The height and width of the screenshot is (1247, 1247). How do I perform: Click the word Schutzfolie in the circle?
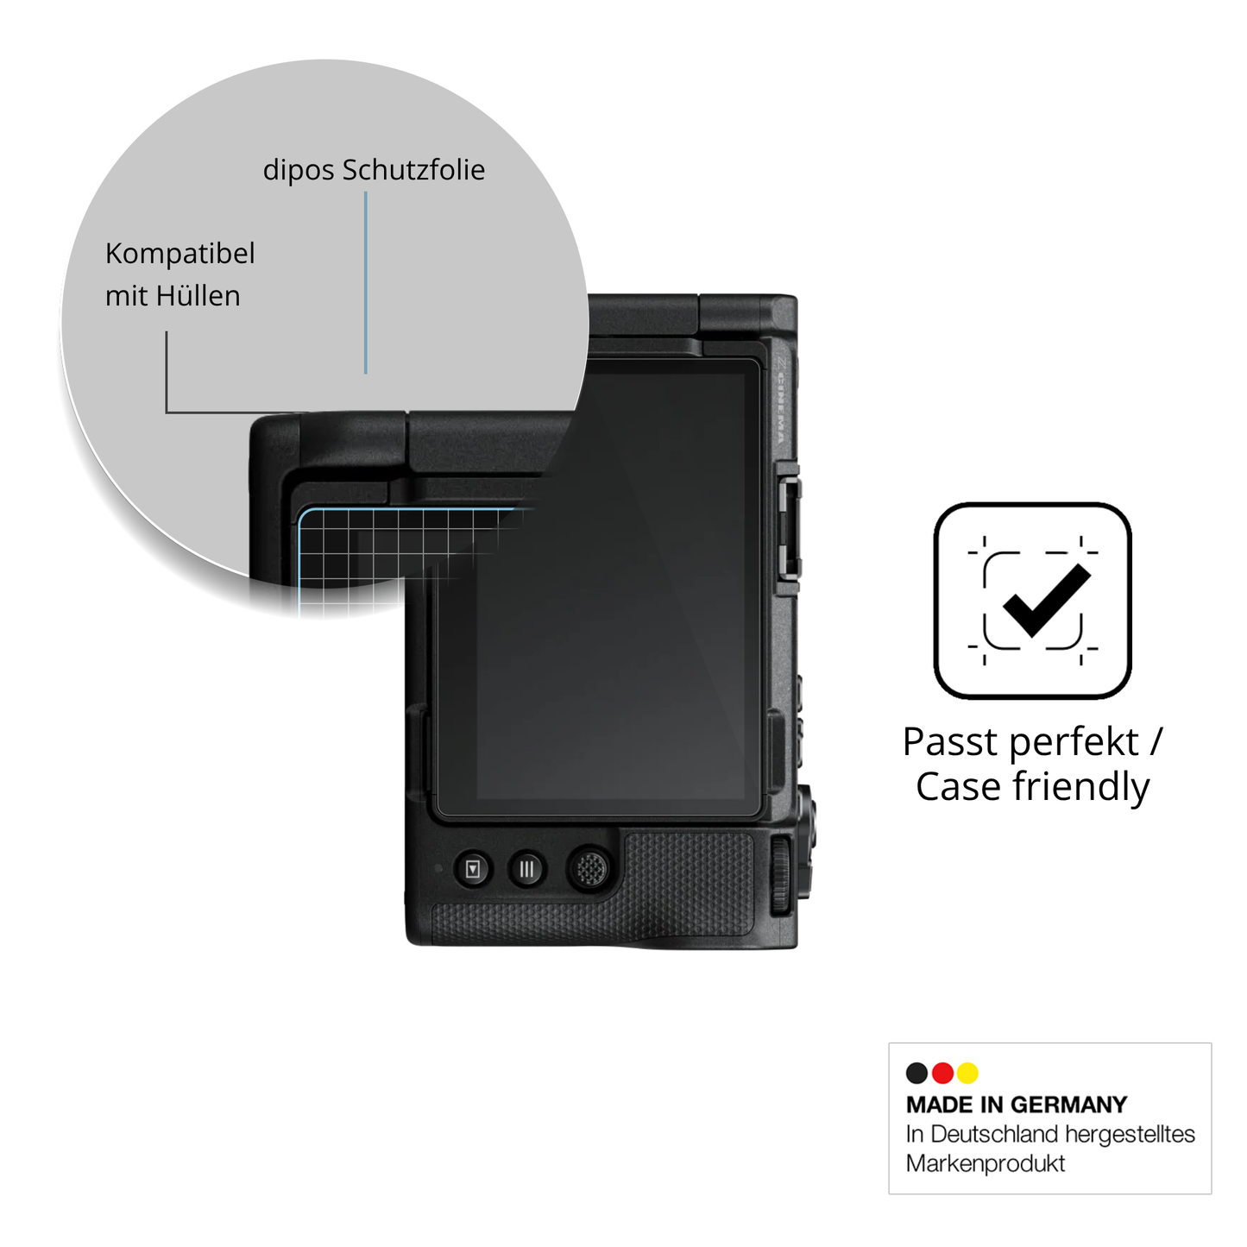[413, 170]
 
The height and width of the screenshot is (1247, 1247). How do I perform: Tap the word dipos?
[299, 171]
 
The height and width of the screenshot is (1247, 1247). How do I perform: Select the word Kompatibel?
[179, 254]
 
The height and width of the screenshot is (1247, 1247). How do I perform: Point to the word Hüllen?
[198, 296]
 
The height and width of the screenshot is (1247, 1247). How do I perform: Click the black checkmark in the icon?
[1047, 600]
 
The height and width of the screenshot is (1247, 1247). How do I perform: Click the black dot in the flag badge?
[916, 1073]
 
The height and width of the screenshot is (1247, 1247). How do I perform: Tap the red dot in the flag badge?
[942, 1073]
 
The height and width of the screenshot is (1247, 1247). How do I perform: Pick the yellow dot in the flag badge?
[967, 1073]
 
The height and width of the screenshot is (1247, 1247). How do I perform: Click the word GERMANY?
[1070, 1105]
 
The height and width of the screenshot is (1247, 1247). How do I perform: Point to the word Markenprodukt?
[985, 1163]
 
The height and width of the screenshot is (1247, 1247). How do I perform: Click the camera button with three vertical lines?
[526, 869]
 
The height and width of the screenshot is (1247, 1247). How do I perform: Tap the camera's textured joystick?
[590, 868]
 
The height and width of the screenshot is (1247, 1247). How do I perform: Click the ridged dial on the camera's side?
[781, 874]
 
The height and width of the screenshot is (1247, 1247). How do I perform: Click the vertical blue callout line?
[366, 283]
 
